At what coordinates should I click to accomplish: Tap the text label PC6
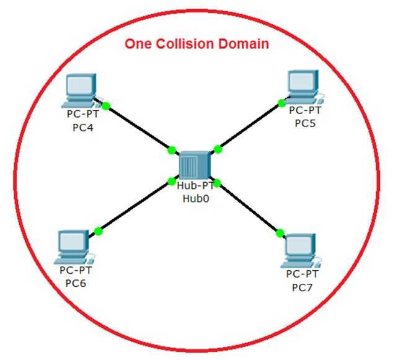(x=76, y=283)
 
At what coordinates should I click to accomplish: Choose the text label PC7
(x=303, y=287)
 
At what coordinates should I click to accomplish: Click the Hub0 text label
(x=195, y=199)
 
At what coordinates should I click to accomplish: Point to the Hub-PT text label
(x=195, y=187)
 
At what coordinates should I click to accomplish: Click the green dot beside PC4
(x=106, y=106)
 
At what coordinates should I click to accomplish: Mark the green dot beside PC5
(x=281, y=102)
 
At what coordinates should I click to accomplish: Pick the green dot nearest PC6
(x=99, y=231)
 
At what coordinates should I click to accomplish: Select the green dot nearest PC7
(x=280, y=233)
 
